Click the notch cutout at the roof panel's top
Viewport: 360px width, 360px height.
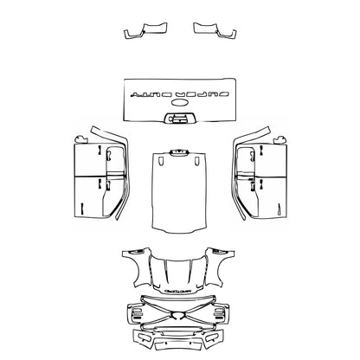coord(180,155)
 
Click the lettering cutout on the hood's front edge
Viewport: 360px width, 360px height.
coord(180,290)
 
